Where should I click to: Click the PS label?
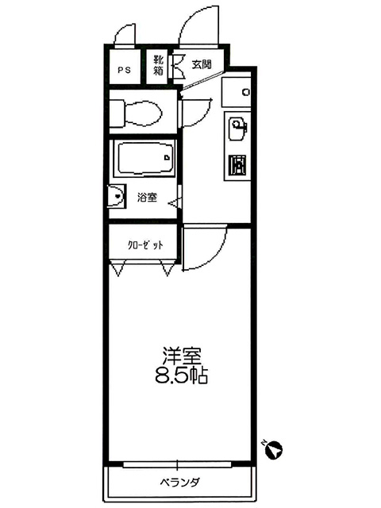click(124, 70)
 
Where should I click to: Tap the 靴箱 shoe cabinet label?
click(158, 65)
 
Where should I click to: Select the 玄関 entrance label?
click(202, 64)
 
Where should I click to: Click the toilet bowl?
click(136, 113)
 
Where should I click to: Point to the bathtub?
click(144, 159)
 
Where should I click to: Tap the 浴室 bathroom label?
click(147, 197)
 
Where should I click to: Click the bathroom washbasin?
click(117, 197)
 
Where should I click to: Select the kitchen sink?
click(237, 129)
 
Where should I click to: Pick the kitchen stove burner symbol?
click(237, 164)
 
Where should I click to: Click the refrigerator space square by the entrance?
click(237, 92)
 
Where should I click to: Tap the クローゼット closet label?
click(145, 245)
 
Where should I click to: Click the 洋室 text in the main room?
click(182, 356)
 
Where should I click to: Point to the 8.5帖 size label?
click(182, 375)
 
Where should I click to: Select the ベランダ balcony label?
click(179, 483)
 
